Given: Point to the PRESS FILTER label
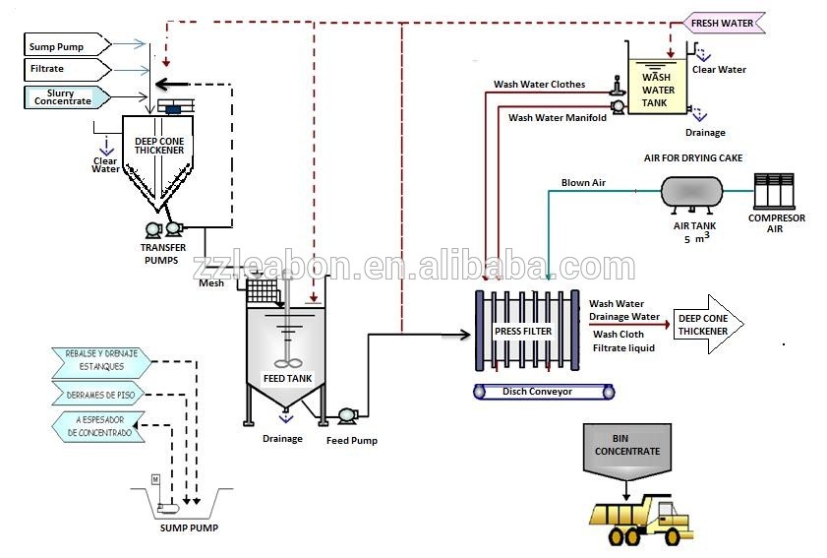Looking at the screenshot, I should click(522, 332).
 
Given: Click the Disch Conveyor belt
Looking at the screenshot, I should click(544, 392).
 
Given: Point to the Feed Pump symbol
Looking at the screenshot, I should click(346, 415).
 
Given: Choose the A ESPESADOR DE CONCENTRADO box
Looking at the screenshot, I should click(102, 426).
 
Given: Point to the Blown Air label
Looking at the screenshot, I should click(582, 183).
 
